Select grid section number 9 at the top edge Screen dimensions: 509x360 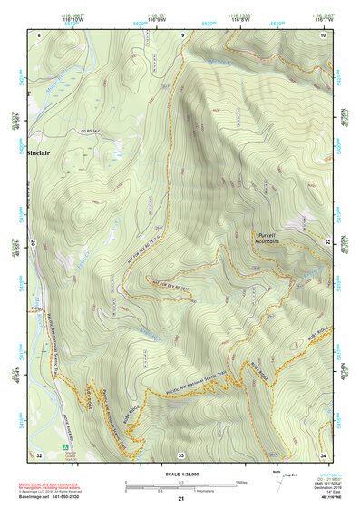[x=181, y=34]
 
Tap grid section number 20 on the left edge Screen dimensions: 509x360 [x=33, y=243]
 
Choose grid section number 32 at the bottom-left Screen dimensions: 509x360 [x=39, y=453]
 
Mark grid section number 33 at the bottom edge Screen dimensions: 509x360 [x=180, y=454]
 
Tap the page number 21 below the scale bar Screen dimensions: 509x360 [x=180, y=499]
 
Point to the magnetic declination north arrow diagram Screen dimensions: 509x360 [x=278, y=486]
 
